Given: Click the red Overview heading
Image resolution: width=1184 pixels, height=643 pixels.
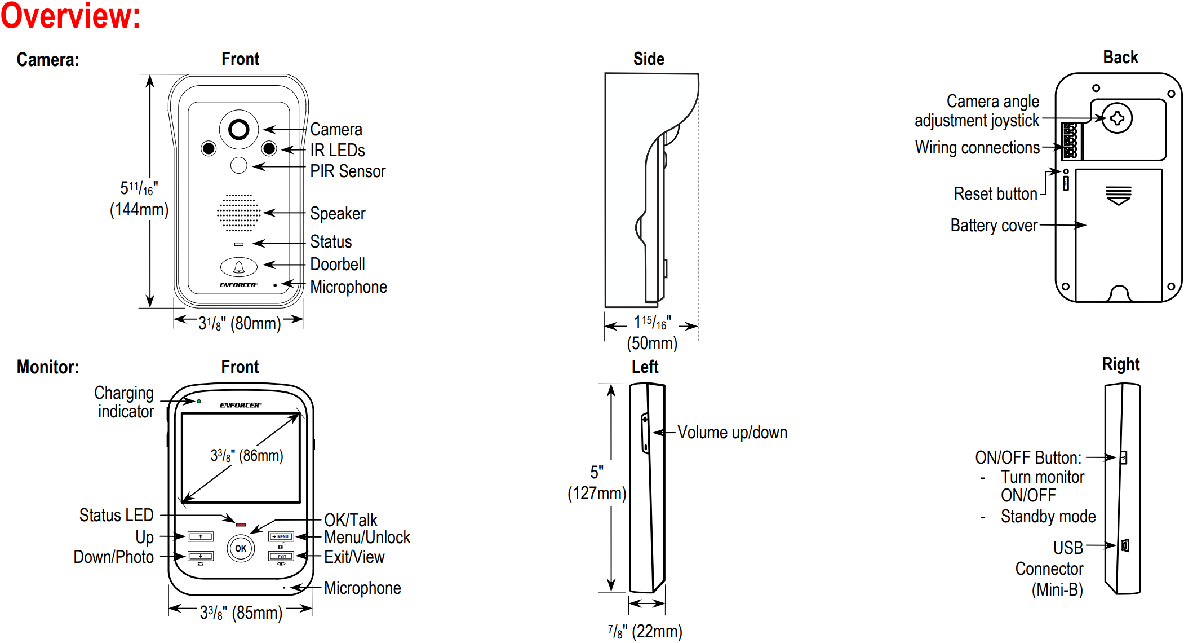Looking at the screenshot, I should [x=70, y=16].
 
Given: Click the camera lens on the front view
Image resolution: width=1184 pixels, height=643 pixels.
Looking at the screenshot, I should [x=238, y=130].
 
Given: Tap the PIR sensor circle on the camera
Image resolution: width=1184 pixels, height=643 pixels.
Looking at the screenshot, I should [x=239, y=165].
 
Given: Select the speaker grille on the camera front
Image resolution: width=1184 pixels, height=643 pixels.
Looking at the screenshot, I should [x=239, y=213].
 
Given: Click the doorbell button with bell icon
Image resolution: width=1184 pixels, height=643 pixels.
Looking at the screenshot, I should [x=239, y=267].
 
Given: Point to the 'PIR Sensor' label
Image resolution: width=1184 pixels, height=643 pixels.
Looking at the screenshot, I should [x=348, y=171].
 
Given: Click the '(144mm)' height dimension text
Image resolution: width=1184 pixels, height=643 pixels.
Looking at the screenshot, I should [x=139, y=210].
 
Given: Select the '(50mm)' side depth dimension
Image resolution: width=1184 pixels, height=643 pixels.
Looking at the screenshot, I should [x=652, y=343].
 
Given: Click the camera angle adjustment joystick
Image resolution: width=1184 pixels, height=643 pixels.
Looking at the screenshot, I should [x=1117, y=118].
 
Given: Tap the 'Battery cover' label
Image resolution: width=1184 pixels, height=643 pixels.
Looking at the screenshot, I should [x=994, y=226].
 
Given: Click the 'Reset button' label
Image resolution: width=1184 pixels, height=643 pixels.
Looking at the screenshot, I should [x=995, y=194].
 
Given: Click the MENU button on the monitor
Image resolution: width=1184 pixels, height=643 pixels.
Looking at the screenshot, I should [x=281, y=536].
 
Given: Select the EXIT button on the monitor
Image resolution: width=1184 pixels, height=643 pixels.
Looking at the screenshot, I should [x=281, y=557].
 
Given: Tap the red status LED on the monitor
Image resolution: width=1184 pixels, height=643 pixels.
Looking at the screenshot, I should [x=241, y=525].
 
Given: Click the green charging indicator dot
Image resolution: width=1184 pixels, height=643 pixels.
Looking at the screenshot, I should [x=199, y=401].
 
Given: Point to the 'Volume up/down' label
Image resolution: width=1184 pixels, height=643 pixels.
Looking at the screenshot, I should [x=732, y=433].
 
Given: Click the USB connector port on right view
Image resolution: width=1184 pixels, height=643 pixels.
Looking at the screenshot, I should [x=1125, y=545].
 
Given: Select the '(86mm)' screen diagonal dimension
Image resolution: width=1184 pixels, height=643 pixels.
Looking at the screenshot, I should [x=261, y=456].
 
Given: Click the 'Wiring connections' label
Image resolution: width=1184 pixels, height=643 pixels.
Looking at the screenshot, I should [x=977, y=148].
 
